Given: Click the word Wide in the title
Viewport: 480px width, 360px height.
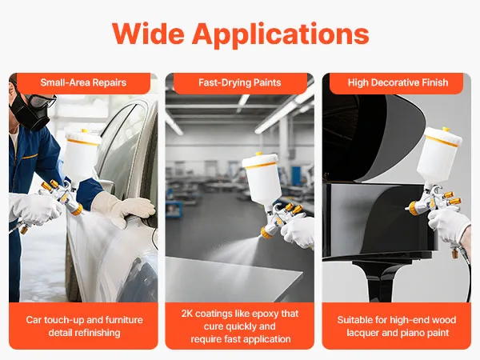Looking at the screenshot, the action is (148, 34).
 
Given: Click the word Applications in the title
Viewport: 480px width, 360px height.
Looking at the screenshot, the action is (281, 35).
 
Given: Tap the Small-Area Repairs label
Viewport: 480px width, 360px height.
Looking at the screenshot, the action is (83, 82).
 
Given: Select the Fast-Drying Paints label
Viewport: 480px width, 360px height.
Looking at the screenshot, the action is (240, 82).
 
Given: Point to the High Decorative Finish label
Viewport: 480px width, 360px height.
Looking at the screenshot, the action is (398, 82).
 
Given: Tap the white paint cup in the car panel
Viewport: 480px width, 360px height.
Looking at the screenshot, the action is (82, 154).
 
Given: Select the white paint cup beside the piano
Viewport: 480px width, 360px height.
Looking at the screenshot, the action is (439, 154).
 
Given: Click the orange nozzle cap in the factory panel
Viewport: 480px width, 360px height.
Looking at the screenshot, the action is (266, 233).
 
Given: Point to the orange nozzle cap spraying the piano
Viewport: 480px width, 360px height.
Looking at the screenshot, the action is (414, 208).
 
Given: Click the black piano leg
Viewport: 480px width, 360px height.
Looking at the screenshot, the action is (377, 281).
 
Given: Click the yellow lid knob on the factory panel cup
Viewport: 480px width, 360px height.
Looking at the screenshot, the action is (259, 153).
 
